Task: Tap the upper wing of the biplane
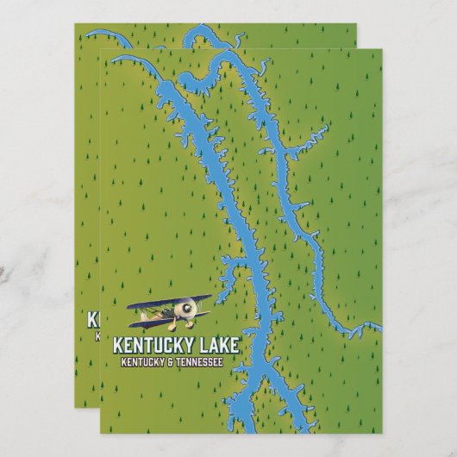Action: click(168, 302)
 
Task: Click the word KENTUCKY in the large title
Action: click(152, 346)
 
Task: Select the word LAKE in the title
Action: click(221, 346)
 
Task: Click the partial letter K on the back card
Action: click(93, 319)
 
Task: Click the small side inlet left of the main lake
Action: click(231, 285)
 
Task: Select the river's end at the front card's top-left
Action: click(116, 59)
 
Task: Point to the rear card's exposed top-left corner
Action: click(77, 26)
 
